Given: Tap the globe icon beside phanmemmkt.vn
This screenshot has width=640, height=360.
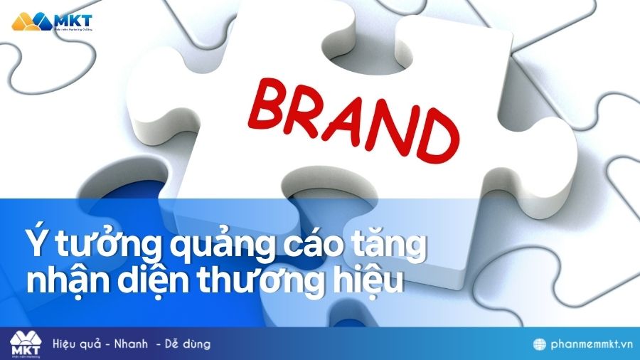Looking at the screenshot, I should tap(540, 344).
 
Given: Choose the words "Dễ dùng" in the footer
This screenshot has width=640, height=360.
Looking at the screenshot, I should tap(188, 344).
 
